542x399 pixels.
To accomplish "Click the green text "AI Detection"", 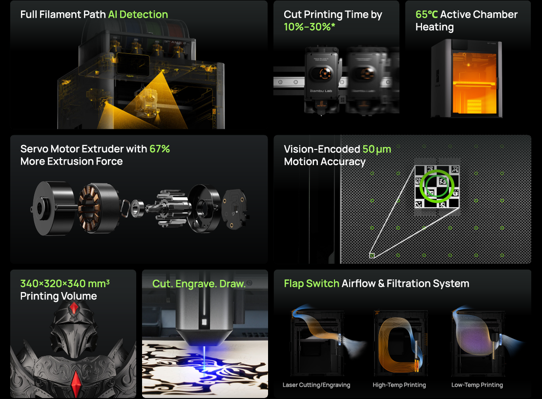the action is [x=138, y=15].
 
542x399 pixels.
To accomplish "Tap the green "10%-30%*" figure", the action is [x=310, y=27].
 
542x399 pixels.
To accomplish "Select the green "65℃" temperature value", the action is [x=427, y=15].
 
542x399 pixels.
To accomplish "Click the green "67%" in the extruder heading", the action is [x=159, y=148].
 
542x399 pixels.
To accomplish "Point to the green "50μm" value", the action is [x=377, y=149].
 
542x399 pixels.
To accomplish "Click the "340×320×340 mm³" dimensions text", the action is [x=65, y=284].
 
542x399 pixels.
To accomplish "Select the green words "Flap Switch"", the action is [x=312, y=284].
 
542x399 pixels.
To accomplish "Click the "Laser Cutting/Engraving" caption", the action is [x=316, y=385].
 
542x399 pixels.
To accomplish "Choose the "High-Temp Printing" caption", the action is [x=399, y=385].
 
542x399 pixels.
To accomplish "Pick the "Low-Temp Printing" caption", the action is [x=477, y=385].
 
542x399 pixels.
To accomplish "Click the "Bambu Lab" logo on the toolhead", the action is [x=321, y=91].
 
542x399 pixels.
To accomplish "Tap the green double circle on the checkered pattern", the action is [x=437, y=186].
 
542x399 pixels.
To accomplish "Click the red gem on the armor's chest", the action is [x=76, y=383].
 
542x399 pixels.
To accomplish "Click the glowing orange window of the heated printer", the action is [x=474, y=83].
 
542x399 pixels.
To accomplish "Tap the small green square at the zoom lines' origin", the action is [x=372, y=255].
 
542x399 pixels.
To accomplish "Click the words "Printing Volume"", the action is [x=59, y=296].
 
